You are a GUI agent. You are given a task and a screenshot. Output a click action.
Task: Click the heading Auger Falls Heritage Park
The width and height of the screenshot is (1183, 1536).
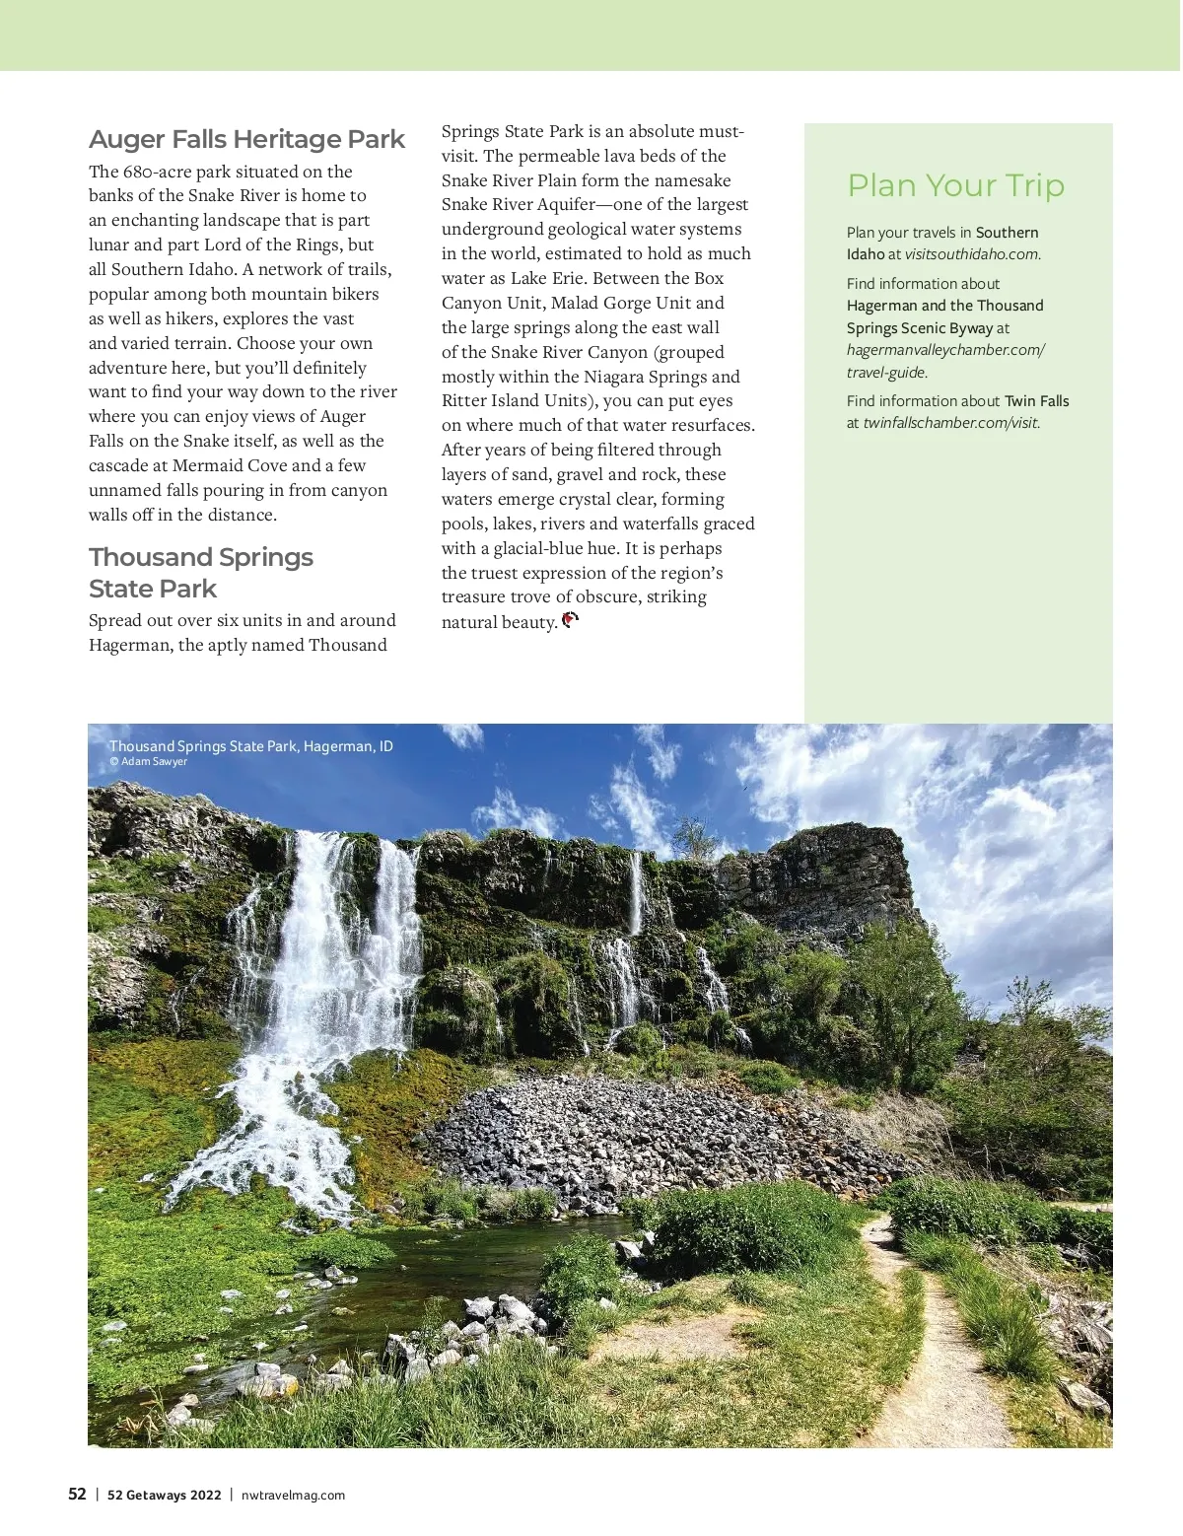point(246,139)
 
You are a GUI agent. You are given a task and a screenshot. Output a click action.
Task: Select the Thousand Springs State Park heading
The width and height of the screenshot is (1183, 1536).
point(200,573)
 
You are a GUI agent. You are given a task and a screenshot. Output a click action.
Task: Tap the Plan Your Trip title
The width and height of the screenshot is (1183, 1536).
point(955,185)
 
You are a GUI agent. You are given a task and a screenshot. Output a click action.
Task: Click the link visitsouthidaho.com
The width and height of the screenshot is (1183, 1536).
point(972,254)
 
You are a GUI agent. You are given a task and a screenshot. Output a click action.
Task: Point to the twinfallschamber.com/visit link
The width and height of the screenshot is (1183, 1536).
point(951,423)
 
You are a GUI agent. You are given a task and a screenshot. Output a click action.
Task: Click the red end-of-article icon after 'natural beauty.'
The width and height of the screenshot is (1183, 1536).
point(570,620)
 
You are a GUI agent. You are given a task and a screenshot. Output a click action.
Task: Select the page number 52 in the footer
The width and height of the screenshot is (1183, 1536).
point(77,1494)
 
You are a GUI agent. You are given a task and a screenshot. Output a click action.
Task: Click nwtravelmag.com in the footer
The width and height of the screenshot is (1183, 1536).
point(293,1495)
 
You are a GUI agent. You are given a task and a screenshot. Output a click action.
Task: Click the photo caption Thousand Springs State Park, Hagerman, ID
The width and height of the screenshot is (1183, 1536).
point(250,745)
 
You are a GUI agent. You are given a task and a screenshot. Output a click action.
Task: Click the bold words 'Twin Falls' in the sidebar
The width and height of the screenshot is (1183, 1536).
point(1036,401)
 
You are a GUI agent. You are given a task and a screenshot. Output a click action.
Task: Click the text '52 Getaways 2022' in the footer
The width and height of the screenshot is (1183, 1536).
point(164,1495)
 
